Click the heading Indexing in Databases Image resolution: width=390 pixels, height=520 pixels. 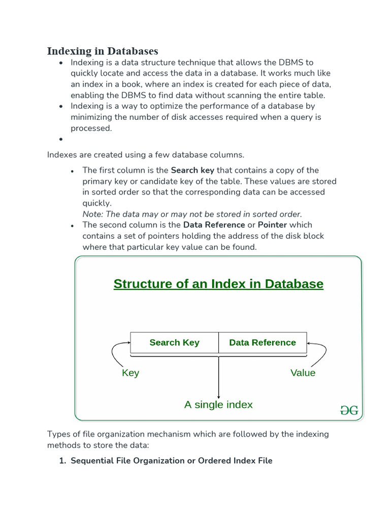103,51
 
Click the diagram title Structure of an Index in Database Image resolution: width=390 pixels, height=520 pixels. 218,283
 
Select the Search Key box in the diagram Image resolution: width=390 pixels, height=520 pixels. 174,342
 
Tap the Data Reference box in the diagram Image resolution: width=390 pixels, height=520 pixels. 263,342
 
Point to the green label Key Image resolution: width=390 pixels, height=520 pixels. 131,373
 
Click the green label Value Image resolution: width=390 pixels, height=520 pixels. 303,373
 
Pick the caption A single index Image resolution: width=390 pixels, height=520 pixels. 218,405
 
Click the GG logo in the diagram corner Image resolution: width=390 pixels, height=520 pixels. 349,410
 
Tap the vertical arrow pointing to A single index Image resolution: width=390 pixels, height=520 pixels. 218,376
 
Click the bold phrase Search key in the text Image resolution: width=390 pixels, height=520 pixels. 192,170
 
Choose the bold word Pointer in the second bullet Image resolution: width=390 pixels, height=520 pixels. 272,225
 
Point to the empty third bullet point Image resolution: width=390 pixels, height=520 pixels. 61,139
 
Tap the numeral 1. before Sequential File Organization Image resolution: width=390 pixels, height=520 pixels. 63,461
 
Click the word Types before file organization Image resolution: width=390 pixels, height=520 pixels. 58,434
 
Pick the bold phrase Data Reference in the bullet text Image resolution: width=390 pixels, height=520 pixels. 214,225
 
